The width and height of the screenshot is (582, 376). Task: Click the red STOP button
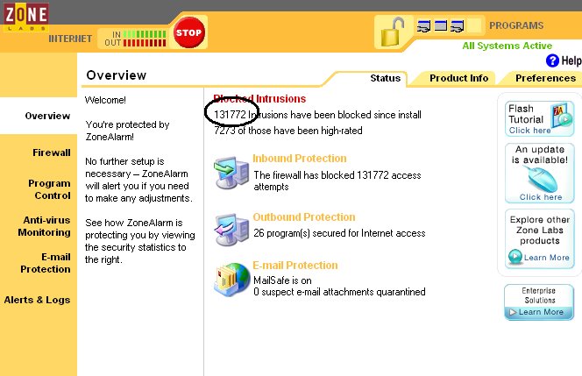[189, 32]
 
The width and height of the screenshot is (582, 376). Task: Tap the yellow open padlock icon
[393, 32]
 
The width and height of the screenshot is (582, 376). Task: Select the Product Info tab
[458, 78]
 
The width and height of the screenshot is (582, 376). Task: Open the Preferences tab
[545, 78]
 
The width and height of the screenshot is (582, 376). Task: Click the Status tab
[386, 78]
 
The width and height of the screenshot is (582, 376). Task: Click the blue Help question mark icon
[552, 60]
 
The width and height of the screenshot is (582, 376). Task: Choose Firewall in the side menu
[51, 153]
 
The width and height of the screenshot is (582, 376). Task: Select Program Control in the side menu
[49, 189]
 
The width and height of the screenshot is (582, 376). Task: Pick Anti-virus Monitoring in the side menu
[44, 226]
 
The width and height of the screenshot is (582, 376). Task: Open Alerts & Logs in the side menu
[37, 300]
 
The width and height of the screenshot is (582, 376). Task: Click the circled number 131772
[231, 114]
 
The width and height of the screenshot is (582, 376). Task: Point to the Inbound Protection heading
[300, 159]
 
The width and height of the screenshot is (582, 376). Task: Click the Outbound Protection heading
[304, 217]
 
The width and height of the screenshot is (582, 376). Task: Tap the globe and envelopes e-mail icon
[231, 280]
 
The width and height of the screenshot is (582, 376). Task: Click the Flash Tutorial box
[539, 119]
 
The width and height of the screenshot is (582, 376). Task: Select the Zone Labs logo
[25, 17]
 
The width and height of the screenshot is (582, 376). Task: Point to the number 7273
[224, 131]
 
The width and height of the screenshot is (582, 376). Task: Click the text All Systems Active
[507, 46]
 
